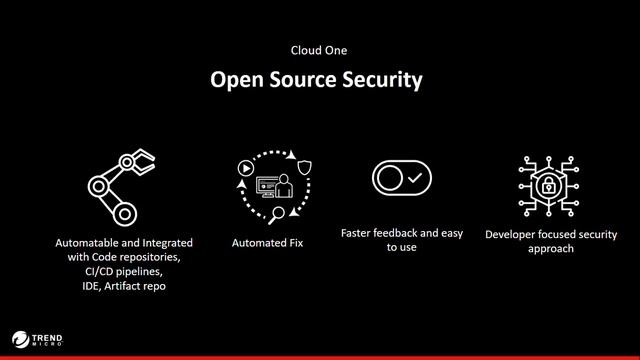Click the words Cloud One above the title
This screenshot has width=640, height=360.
[319, 49]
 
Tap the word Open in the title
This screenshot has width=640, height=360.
[234, 80]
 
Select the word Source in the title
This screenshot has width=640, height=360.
[297, 80]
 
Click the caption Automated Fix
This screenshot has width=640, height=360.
[267, 243]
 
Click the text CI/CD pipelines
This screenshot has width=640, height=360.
[124, 271]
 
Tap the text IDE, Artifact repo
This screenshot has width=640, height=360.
[124, 285]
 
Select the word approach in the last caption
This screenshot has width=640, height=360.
[551, 248]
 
